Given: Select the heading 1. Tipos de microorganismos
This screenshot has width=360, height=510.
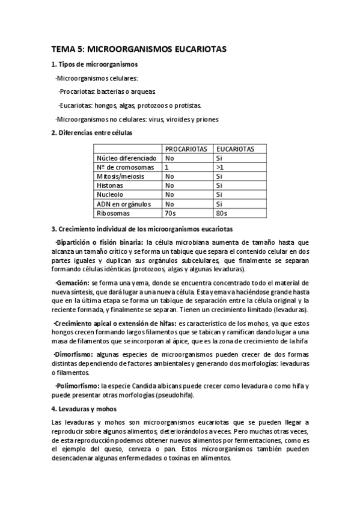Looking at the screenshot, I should [x=94, y=64].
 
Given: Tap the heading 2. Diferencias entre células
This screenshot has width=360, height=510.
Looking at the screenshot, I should [x=91, y=132].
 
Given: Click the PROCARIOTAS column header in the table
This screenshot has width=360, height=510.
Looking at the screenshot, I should [x=186, y=149].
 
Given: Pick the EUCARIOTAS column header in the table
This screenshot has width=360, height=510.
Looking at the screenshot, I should [x=235, y=149].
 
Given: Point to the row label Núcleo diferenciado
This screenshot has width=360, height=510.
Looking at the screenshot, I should [x=126, y=158].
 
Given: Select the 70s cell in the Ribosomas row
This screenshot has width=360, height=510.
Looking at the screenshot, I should [x=170, y=212].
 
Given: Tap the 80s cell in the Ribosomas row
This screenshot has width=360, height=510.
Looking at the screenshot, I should [x=221, y=212].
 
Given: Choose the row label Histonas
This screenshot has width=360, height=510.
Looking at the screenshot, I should [x=110, y=185].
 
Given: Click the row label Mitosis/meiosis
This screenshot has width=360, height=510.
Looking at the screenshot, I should [x=120, y=176].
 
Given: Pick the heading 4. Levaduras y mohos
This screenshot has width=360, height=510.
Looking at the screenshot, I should [x=82, y=409].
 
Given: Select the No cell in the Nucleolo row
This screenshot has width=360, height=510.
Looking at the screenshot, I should [x=170, y=194].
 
